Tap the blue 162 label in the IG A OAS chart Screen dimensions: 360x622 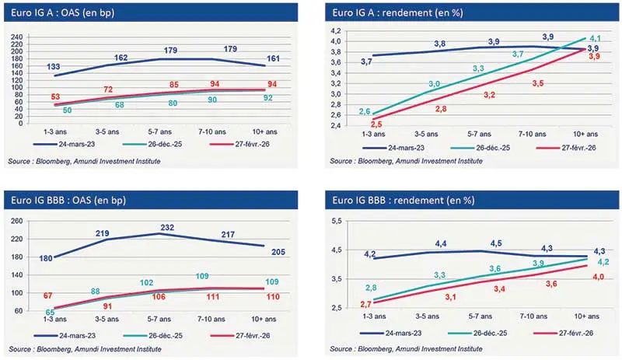point(120,58)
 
